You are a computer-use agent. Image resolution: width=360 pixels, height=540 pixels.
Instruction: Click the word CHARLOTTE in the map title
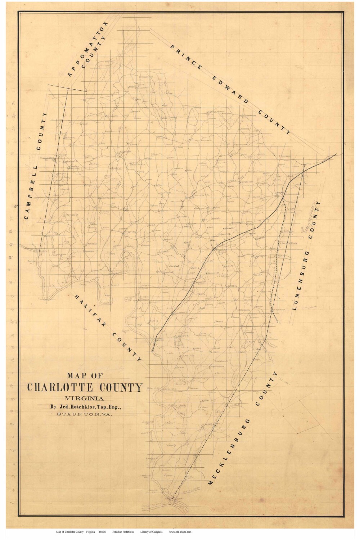(60, 387)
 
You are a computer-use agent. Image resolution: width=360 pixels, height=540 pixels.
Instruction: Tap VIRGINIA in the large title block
(85, 399)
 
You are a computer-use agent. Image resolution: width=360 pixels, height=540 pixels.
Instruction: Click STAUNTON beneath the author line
(76, 415)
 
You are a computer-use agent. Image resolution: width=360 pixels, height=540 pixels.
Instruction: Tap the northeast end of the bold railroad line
(336, 154)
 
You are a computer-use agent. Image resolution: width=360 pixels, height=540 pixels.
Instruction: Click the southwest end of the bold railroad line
(152, 351)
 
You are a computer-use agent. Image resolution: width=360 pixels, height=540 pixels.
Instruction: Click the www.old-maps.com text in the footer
(180, 532)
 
